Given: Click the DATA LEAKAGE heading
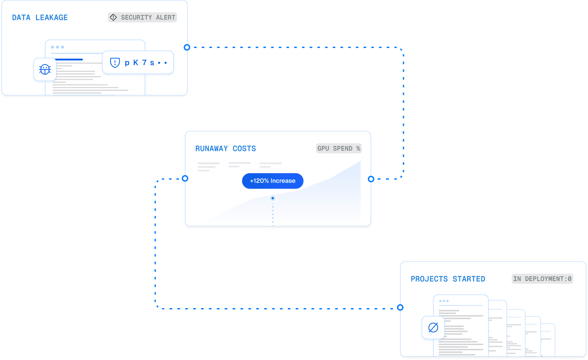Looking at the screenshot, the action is click(x=40, y=18).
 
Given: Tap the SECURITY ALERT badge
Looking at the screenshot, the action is click(x=142, y=18).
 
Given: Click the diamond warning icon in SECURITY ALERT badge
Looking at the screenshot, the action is click(x=113, y=18).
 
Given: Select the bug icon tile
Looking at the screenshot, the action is click(x=45, y=69).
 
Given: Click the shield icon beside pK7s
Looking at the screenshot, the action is click(x=115, y=63).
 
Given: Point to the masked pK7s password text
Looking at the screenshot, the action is click(x=146, y=63).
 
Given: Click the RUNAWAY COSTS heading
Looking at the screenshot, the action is click(x=226, y=149).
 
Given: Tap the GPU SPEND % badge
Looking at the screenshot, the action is click(x=339, y=149).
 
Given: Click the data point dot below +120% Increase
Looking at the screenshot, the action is click(x=273, y=198).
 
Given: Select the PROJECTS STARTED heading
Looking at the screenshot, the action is click(x=448, y=279).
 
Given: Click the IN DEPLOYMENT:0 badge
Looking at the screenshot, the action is click(x=542, y=279).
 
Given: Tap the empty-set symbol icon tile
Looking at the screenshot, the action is click(x=433, y=328).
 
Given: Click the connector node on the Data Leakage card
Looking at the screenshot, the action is click(x=187, y=47).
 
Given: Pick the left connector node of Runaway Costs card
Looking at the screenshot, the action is click(x=185, y=178).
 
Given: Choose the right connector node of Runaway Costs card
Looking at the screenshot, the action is click(x=371, y=179).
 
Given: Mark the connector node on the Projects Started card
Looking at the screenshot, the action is click(x=401, y=307).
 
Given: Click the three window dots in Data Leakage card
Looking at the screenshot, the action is click(x=57, y=47).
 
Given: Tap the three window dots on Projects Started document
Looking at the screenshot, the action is click(x=444, y=301).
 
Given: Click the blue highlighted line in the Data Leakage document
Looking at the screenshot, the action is click(x=69, y=60).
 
